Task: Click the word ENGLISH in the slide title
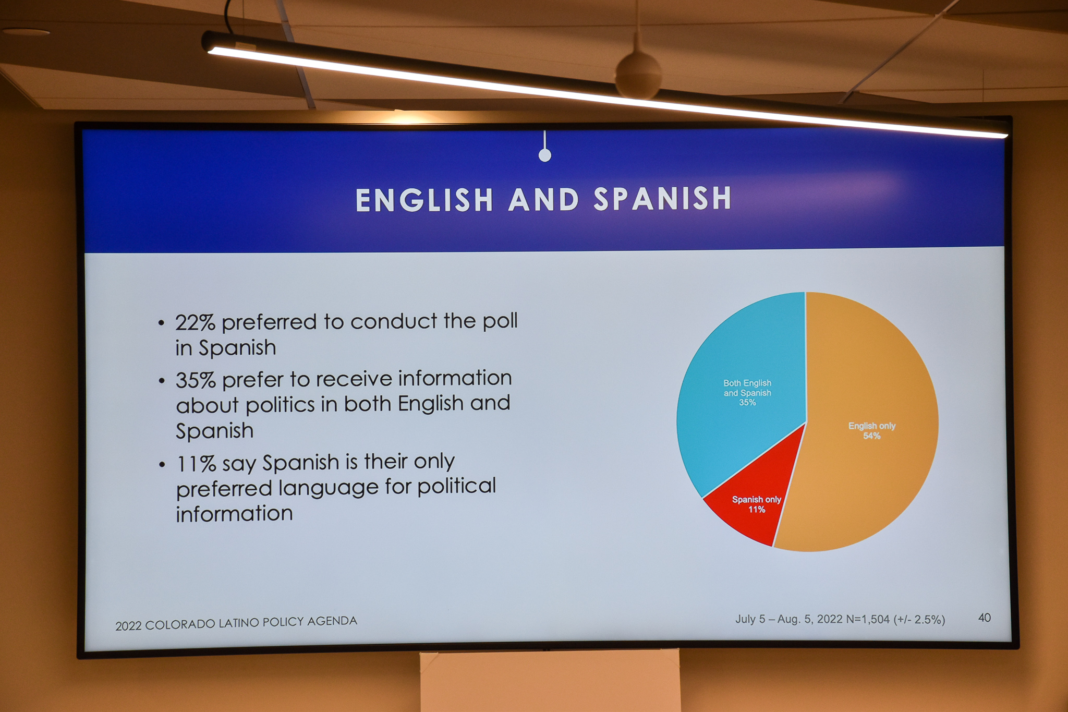coord(424,200)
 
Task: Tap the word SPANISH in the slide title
coord(663,199)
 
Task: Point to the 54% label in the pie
coord(872,436)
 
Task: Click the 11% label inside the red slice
coord(757,510)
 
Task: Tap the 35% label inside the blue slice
coord(747,403)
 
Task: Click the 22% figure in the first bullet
coord(195,323)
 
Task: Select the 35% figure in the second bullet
coord(196,380)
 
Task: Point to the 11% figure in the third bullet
coord(196,464)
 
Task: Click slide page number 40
coord(985,618)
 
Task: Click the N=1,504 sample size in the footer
coord(868,620)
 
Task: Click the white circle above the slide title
coord(545,155)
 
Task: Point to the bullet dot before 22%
coord(162,323)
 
